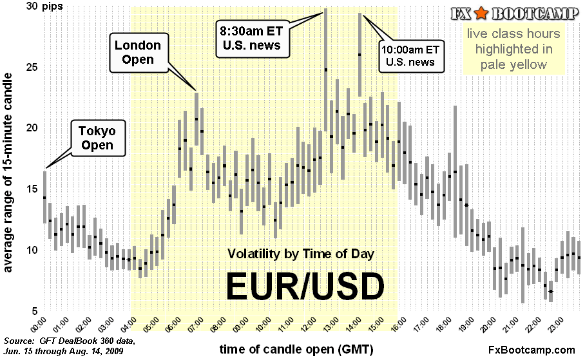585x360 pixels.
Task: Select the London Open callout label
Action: pyautogui.click(x=138, y=52)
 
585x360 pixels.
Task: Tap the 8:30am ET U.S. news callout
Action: pyautogui.click(x=251, y=38)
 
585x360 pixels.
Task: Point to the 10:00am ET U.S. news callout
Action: pyautogui.click(x=410, y=56)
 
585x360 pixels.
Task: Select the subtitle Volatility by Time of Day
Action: pyautogui.click(x=300, y=253)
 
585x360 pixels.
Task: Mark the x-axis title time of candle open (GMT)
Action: pyautogui.click(x=296, y=349)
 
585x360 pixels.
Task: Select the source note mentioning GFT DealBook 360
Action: pyautogui.click(x=70, y=345)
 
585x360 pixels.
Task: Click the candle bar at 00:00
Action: pyautogui.click(x=44, y=196)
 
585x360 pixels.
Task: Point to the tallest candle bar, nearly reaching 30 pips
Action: pyautogui.click(x=326, y=70)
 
